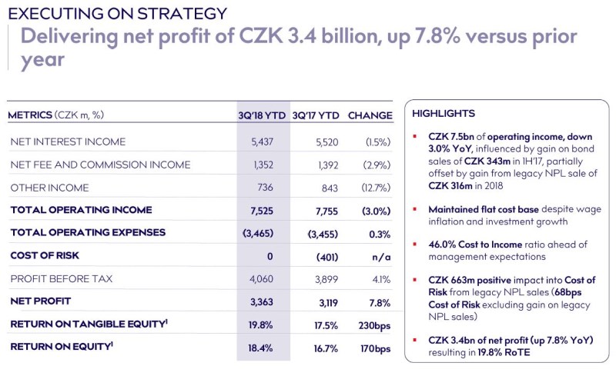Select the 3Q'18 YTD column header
263,115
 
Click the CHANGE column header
370,115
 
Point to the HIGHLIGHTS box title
443,113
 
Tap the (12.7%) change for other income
376,188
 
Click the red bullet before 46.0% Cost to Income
416,245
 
